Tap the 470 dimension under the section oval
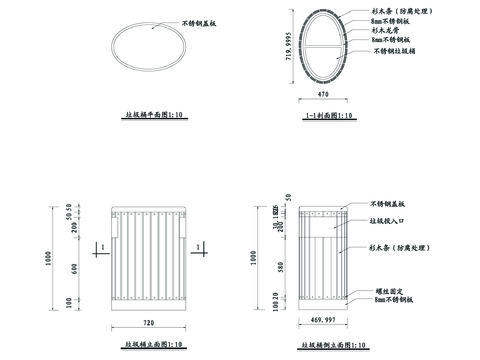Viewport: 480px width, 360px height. (323, 94)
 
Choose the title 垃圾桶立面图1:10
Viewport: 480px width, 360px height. (146, 344)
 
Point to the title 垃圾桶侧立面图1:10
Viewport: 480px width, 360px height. (325, 344)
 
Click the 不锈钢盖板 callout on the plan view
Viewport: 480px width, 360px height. (202, 22)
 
